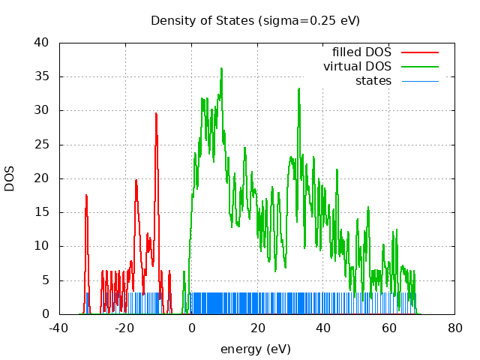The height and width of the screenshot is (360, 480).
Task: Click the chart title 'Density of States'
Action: pos(255,20)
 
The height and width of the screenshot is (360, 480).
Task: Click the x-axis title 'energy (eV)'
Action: pos(255,349)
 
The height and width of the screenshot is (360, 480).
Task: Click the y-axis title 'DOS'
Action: pos(10,178)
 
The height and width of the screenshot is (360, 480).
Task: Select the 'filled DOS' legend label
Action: pos(361,52)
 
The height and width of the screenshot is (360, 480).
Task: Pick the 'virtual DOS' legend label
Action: pos(357,67)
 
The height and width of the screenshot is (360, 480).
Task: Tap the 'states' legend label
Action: pos(373,80)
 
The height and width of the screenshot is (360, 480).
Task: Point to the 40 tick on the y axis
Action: pos(42,43)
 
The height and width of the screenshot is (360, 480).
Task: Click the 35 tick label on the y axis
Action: pos(42,76)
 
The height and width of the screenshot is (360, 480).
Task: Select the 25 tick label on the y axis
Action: pos(42,145)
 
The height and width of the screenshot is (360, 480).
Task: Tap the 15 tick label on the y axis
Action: pos(42,212)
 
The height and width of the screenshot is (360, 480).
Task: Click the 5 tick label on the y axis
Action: pos(46,280)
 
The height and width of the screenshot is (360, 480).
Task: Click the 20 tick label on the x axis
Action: pos(257,328)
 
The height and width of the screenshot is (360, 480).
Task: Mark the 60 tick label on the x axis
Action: pos(389,328)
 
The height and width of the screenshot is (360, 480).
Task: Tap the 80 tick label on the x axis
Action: pos(455,328)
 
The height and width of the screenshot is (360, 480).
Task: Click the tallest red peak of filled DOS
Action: pos(156,114)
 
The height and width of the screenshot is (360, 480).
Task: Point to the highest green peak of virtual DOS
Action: pos(221,69)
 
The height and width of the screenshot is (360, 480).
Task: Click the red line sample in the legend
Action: pos(420,52)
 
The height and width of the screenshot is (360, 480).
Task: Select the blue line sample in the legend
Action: pos(420,80)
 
